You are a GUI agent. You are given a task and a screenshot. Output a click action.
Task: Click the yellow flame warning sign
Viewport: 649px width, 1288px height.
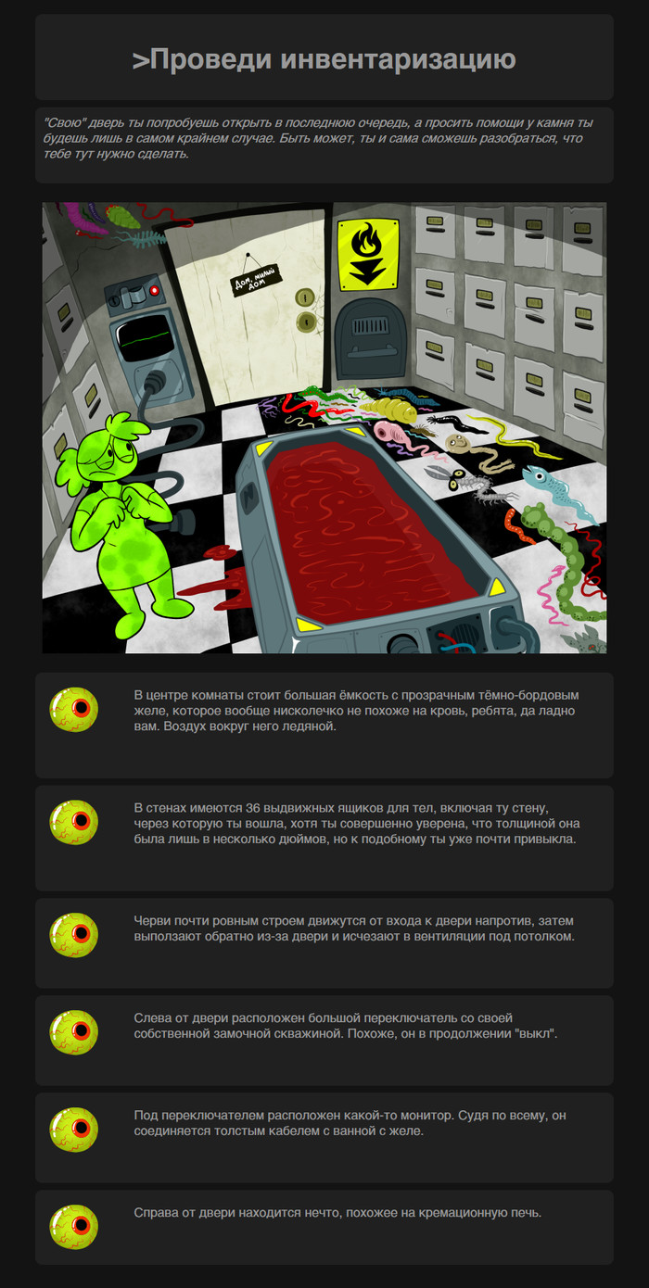[368, 254]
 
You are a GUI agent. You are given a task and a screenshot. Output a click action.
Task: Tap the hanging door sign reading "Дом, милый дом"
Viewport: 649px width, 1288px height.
[257, 280]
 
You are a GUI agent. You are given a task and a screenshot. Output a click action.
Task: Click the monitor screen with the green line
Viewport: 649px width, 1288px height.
[145, 338]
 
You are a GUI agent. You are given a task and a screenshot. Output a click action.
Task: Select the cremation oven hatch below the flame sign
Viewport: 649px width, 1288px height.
[371, 339]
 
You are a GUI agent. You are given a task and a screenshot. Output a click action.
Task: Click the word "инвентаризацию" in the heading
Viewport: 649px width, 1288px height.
[398, 59]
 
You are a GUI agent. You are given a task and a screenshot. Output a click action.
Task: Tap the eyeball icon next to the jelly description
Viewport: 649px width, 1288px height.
[73, 710]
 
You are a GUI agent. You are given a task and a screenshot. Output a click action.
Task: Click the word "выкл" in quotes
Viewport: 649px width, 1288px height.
[537, 1033]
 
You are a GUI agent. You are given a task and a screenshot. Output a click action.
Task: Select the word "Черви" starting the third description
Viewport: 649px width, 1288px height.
[151, 920]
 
